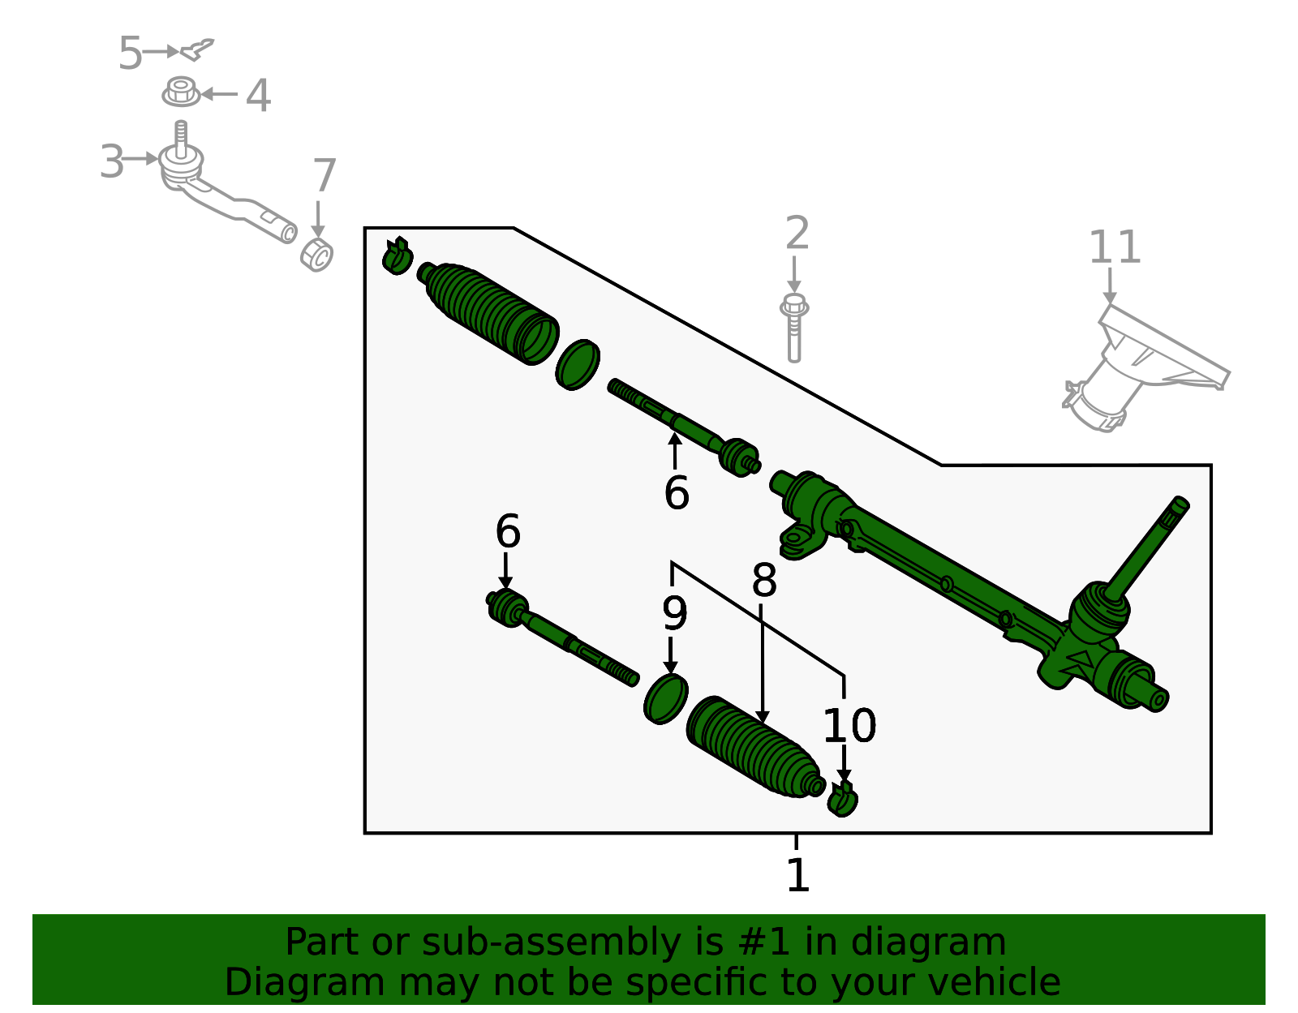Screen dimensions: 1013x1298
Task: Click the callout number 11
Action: click(x=1115, y=247)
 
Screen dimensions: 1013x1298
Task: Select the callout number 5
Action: click(x=130, y=54)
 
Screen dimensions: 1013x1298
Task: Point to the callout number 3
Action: click(x=112, y=161)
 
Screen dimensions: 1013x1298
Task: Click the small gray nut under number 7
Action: click(x=317, y=255)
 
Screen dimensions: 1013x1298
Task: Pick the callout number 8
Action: click(x=764, y=581)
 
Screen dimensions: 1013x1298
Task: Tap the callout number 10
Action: click(x=849, y=725)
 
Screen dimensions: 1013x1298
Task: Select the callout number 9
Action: click(x=674, y=614)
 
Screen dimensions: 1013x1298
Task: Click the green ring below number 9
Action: click(x=666, y=698)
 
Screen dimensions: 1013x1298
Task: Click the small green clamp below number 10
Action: click(x=844, y=800)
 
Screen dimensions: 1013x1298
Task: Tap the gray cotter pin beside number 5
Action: click(x=197, y=49)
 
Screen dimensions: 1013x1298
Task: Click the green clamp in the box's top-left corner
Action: click(x=397, y=256)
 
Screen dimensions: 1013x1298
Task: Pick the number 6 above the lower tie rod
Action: click(x=508, y=532)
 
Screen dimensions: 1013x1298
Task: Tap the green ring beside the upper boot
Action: click(x=578, y=365)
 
